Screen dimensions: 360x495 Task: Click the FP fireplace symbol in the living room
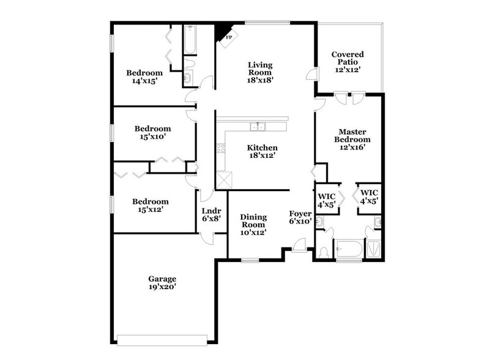tap(228, 36)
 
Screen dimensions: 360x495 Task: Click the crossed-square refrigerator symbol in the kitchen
tap(225, 181)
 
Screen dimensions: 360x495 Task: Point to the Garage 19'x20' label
tap(162, 282)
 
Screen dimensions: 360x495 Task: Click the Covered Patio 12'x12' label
tap(348, 62)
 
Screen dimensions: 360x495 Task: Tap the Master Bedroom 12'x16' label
tap(352, 139)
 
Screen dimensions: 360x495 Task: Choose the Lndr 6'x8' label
tap(211, 214)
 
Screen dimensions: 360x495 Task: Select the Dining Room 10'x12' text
tap(253, 224)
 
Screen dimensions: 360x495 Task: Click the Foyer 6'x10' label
tap(300, 217)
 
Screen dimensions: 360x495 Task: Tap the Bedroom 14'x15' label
tap(144, 77)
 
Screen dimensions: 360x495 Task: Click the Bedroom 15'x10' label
tap(152, 133)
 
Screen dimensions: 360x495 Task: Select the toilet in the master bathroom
tap(324, 252)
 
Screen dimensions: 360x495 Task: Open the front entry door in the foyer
tap(300, 246)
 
